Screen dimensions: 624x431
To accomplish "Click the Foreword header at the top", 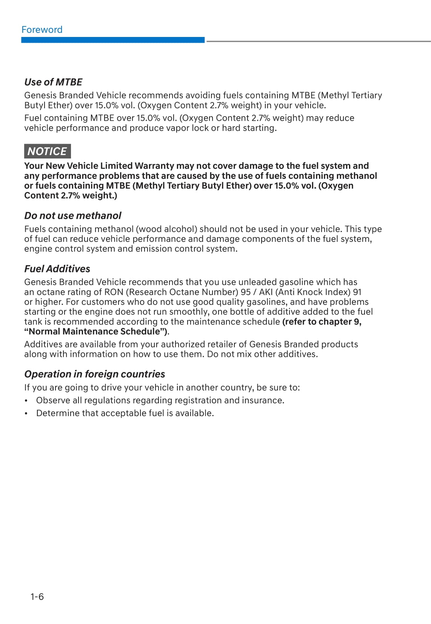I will (42, 30).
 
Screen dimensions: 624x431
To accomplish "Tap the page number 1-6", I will (37, 596).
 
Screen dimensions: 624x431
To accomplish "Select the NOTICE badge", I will (47, 151).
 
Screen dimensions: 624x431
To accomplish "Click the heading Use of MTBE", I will (53, 82).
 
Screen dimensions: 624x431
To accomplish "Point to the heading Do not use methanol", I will (73, 216).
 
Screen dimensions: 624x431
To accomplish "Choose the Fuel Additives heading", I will (57, 269).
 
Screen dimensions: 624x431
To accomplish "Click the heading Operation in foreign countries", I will (95, 374).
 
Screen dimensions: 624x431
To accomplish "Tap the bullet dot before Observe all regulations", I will (26, 401).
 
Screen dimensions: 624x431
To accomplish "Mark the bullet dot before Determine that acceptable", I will (26, 413).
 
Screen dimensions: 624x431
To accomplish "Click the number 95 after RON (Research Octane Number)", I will (245, 292).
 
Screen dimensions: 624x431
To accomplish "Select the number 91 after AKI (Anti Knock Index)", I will (357, 292).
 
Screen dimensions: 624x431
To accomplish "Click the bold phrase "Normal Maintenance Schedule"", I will (96, 332).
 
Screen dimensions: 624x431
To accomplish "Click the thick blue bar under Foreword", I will (113, 40).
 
